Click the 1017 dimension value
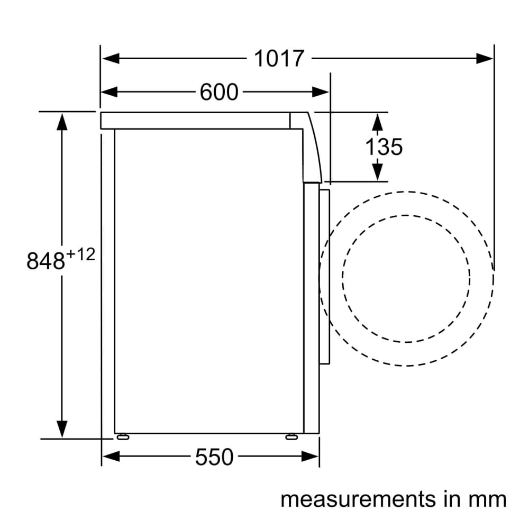279,58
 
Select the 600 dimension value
219,92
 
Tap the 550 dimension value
214,457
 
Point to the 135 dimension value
384,147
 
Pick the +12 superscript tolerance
80,255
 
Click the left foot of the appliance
123,436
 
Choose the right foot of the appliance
291,436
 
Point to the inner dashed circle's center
406,278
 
